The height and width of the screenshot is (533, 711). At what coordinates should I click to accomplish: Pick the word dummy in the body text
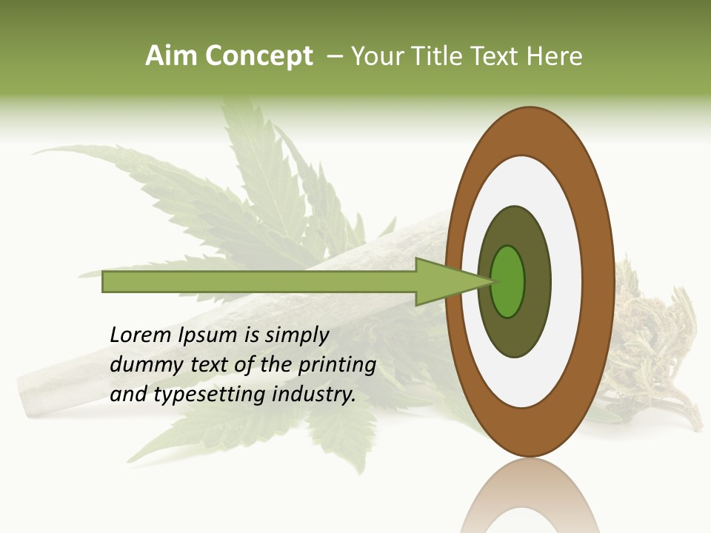tap(143, 365)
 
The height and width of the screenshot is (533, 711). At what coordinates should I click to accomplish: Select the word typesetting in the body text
tap(210, 395)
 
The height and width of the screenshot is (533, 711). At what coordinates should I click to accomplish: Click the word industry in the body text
tap(314, 395)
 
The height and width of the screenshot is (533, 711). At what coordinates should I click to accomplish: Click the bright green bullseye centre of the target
tap(507, 281)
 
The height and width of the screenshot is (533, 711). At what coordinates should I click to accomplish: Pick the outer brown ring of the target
tap(601, 281)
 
